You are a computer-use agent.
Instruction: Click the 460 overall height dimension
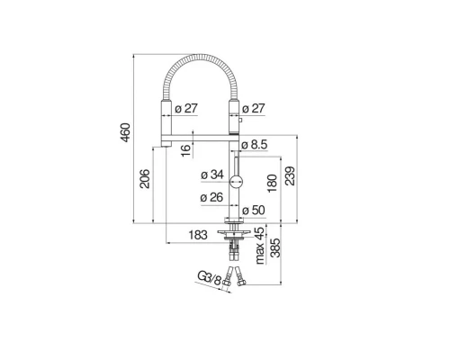pyautogui.click(x=125, y=132)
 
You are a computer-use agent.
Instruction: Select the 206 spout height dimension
pyautogui.click(x=145, y=179)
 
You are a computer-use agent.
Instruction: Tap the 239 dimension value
pyautogui.click(x=290, y=175)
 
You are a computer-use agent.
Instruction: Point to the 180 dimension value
pyautogui.click(x=272, y=184)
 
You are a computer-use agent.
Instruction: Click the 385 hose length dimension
pyautogui.click(x=275, y=248)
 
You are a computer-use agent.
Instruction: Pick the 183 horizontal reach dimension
pyautogui.click(x=198, y=235)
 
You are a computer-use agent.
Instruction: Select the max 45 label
pyautogui.click(x=260, y=246)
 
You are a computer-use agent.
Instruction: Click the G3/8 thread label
pyautogui.click(x=209, y=278)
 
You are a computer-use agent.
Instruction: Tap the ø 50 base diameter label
pyautogui.click(x=254, y=211)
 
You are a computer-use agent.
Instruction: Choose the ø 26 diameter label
pyautogui.click(x=211, y=197)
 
